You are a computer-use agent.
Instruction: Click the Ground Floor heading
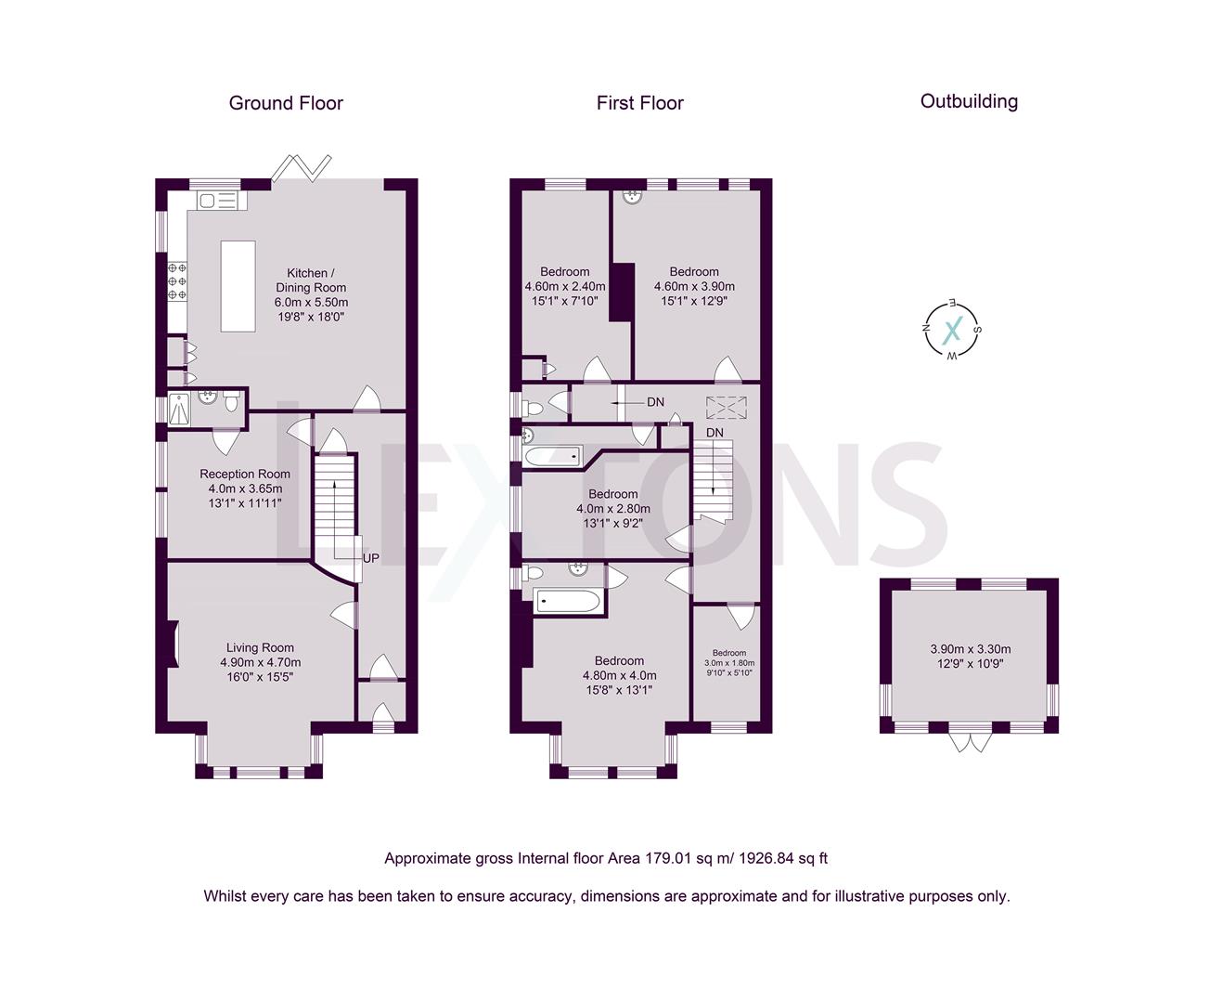point(286,103)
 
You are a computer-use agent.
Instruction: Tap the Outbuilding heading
point(969,101)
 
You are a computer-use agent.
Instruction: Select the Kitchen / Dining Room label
point(311,280)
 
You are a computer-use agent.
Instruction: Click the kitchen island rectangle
point(238,286)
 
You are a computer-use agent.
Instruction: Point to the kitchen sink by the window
point(217,202)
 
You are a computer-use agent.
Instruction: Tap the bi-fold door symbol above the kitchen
point(302,167)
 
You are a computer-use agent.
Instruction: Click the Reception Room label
point(245,474)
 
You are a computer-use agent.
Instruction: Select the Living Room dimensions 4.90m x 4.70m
point(261,662)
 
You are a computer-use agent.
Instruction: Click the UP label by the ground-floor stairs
point(370,558)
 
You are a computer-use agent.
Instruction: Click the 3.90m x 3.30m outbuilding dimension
point(971,649)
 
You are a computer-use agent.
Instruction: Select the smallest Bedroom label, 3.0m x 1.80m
point(729,652)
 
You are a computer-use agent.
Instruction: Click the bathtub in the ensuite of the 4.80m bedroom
point(566,601)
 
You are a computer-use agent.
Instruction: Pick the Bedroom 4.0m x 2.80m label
point(613,509)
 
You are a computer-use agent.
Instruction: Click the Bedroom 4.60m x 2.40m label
point(565,286)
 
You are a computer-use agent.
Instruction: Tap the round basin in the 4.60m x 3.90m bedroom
point(633,197)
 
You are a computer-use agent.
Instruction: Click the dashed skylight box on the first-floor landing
point(727,407)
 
